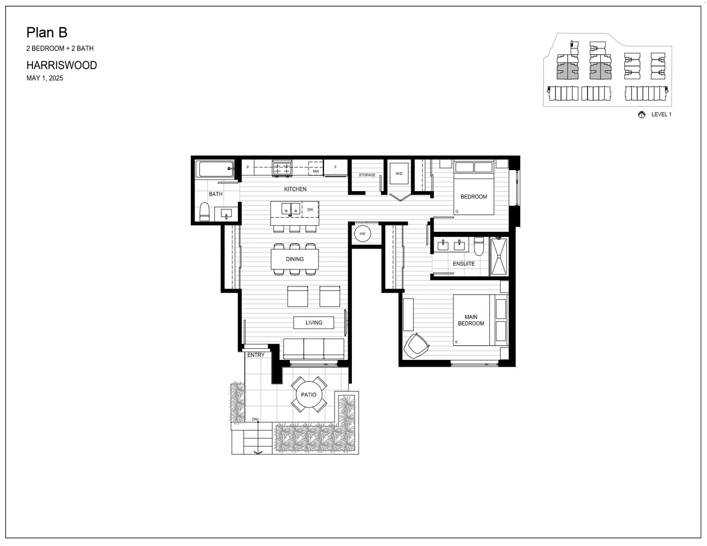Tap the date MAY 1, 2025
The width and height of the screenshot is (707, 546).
point(45,78)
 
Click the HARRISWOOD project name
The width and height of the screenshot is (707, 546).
point(61,65)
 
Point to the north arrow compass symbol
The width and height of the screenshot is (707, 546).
point(641,115)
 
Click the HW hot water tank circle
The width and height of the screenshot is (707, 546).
point(362,234)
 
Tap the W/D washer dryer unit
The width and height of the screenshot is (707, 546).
point(399,174)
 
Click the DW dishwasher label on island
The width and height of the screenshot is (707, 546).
point(310,210)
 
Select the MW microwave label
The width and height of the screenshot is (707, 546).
point(316,171)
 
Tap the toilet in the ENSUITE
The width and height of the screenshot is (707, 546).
point(479,246)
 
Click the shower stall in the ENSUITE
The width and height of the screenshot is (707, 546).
point(499,256)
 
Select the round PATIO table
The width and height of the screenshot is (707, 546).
point(309,395)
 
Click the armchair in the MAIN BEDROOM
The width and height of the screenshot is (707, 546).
point(416,346)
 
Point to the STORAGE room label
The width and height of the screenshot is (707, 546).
point(367,175)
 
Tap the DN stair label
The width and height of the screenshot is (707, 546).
point(254,419)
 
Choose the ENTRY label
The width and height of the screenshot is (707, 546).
point(256,355)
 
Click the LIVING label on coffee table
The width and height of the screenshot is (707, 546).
point(314,323)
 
